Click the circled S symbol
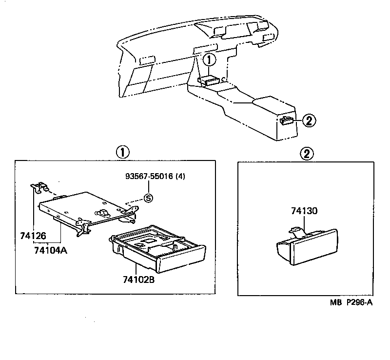pyautogui.click(x=148, y=198)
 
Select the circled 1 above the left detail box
pyautogui.click(x=122, y=152)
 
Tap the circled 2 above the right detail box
pyautogui.click(x=306, y=154)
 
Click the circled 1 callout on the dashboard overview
pyautogui.click(x=209, y=60)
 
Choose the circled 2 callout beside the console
pyautogui.click(x=308, y=120)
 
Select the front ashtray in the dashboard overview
pyautogui.click(x=211, y=81)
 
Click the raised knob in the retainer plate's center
pyautogui.click(x=103, y=212)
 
